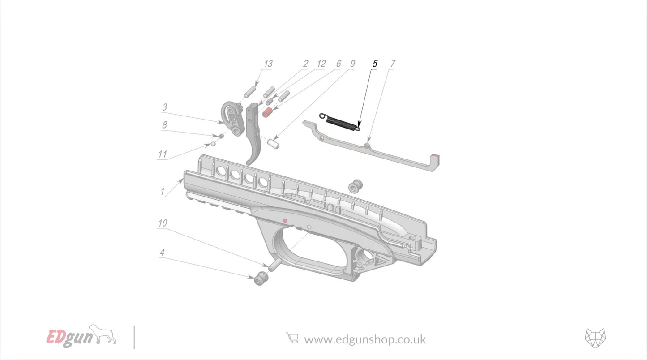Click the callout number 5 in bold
pos(375,64)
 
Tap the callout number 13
pos(268,64)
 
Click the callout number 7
pos(392,64)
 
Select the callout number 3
pos(165,107)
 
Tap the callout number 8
pos(165,125)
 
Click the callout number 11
pos(162,154)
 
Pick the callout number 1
pos(162,192)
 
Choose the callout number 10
pos(162,223)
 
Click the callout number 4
pos(162,253)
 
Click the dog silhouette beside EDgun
pos(103,334)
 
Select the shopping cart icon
pos(292,338)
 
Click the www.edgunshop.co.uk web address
pos(365,339)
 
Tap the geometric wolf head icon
pos(595,338)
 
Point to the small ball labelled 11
pos(213,144)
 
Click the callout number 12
pos(321,64)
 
